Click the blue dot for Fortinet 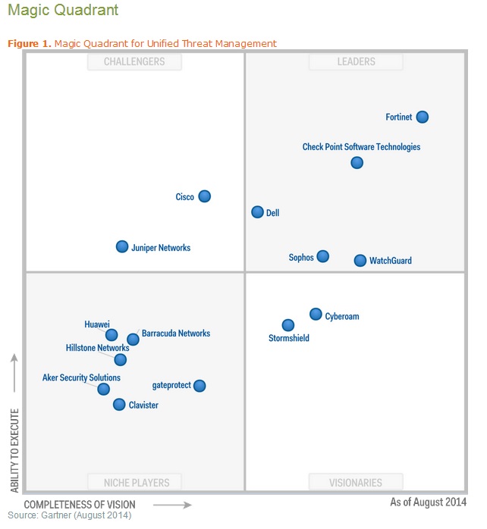(423, 117)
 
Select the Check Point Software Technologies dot (357, 162)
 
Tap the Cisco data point (204, 196)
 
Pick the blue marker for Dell (258, 212)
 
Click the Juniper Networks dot (122, 246)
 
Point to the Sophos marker (323, 256)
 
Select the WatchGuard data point (360, 260)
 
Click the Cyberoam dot (316, 314)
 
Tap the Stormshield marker (288, 325)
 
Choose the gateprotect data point (200, 386)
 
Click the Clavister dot (119, 404)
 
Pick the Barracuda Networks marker (133, 339)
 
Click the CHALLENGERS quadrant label (134, 61)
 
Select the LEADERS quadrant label (356, 61)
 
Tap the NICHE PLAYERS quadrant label (134, 482)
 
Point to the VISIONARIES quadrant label (356, 482)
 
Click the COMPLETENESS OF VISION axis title (80, 504)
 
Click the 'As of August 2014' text (429, 502)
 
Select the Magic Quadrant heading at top (63, 11)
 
